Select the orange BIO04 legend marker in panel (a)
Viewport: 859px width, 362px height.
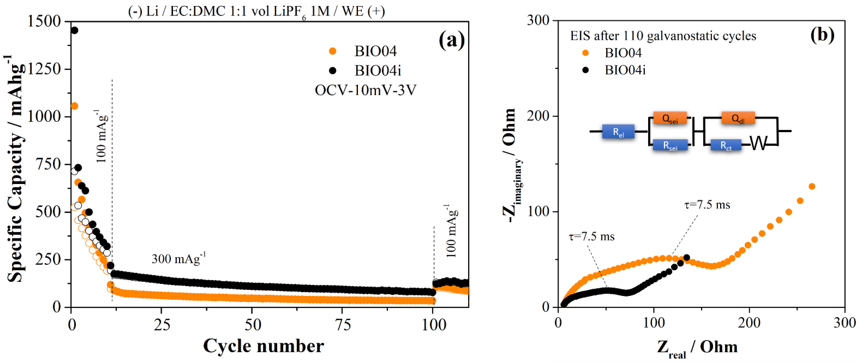click(332, 51)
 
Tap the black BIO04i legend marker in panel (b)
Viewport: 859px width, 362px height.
click(585, 70)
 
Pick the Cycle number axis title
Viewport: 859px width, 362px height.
click(263, 346)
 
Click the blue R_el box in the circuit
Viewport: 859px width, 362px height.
click(618, 132)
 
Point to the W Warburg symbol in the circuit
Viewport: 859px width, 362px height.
click(759, 144)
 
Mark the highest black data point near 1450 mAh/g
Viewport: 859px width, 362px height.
click(74, 30)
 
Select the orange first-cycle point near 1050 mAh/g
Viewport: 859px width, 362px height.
click(74, 106)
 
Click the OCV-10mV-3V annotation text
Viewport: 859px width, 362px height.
click(365, 90)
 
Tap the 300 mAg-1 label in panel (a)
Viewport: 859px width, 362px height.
click(179, 258)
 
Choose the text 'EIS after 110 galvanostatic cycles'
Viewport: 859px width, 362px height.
click(663, 36)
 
